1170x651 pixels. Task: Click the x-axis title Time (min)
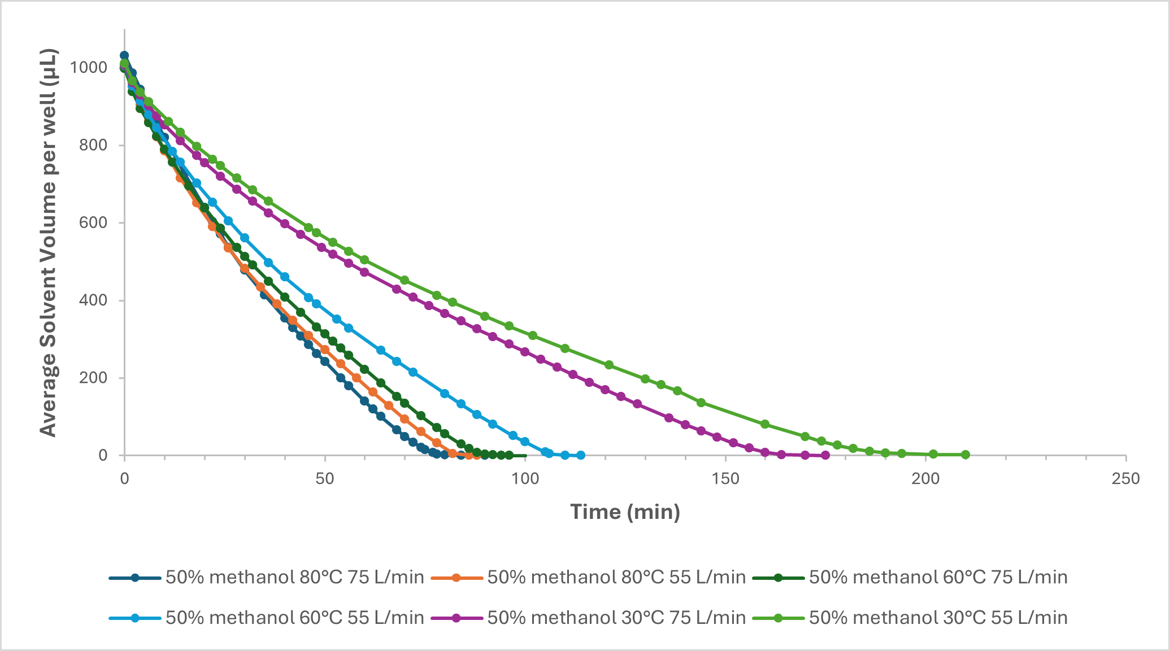(x=625, y=512)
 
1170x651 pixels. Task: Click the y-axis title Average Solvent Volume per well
(x=49, y=243)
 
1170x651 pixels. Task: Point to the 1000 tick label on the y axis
(x=88, y=68)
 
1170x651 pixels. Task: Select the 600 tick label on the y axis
(x=94, y=222)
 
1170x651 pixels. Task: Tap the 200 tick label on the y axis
(x=94, y=378)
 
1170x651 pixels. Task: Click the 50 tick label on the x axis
(x=325, y=479)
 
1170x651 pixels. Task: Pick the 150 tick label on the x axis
(x=725, y=479)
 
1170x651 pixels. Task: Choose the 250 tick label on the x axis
(x=1126, y=479)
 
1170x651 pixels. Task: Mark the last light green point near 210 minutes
(x=965, y=455)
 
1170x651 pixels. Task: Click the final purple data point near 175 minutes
(x=825, y=455)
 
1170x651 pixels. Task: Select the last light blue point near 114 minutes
(x=581, y=455)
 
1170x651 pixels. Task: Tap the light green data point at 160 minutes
(x=765, y=424)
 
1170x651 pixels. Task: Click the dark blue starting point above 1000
(x=124, y=55)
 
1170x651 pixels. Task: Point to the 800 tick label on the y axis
(x=94, y=145)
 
